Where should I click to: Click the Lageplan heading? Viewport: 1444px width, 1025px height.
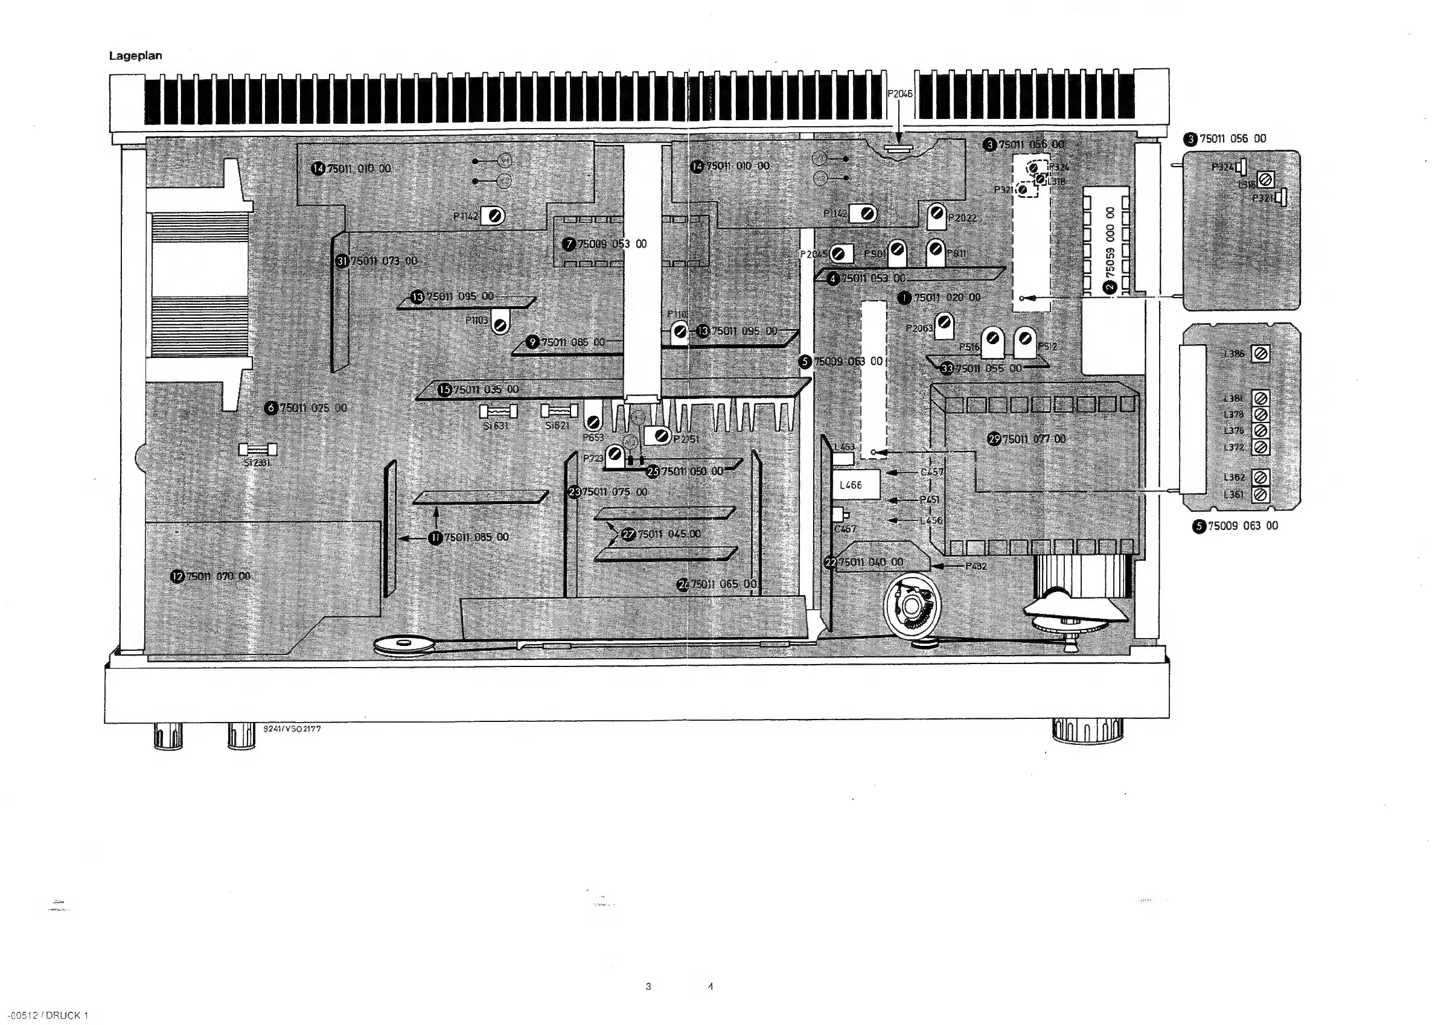[x=135, y=56]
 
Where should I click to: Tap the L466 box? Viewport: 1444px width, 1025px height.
[x=856, y=485]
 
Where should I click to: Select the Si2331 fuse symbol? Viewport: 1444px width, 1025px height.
[x=258, y=449]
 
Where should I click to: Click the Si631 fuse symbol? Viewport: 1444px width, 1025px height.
[x=499, y=412]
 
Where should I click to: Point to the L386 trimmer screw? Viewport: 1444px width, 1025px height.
[x=1260, y=354]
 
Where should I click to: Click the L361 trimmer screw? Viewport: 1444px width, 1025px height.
[x=1260, y=494]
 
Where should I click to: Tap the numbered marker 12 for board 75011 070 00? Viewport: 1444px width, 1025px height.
[x=178, y=576]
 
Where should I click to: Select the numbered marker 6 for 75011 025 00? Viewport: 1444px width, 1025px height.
[x=272, y=407]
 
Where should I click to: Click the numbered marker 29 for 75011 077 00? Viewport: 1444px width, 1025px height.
[x=994, y=439]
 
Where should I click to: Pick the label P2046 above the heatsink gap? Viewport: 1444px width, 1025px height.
[x=899, y=94]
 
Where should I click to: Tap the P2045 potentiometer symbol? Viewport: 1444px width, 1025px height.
[x=839, y=254]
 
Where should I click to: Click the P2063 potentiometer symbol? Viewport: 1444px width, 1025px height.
[x=944, y=323]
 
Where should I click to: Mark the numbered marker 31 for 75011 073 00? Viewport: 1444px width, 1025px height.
[x=342, y=261]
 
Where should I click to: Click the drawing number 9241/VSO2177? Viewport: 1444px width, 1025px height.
[x=292, y=729]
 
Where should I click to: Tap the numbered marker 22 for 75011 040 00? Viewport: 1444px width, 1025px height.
[x=831, y=562]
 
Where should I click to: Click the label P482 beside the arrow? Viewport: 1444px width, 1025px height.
[x=976, y=566]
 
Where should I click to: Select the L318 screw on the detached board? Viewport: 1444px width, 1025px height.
[x=1264, y=180]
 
